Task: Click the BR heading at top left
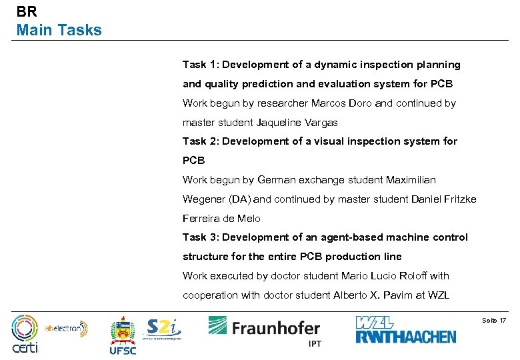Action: pos(27,11)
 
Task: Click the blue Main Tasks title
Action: pos(59,30)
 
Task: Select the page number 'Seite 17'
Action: pos(493,321)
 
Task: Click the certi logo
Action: pos(25,334)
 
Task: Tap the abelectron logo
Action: pos(67,327)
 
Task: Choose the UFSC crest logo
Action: pos(123,335)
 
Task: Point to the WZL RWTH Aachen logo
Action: pos(405,330)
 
